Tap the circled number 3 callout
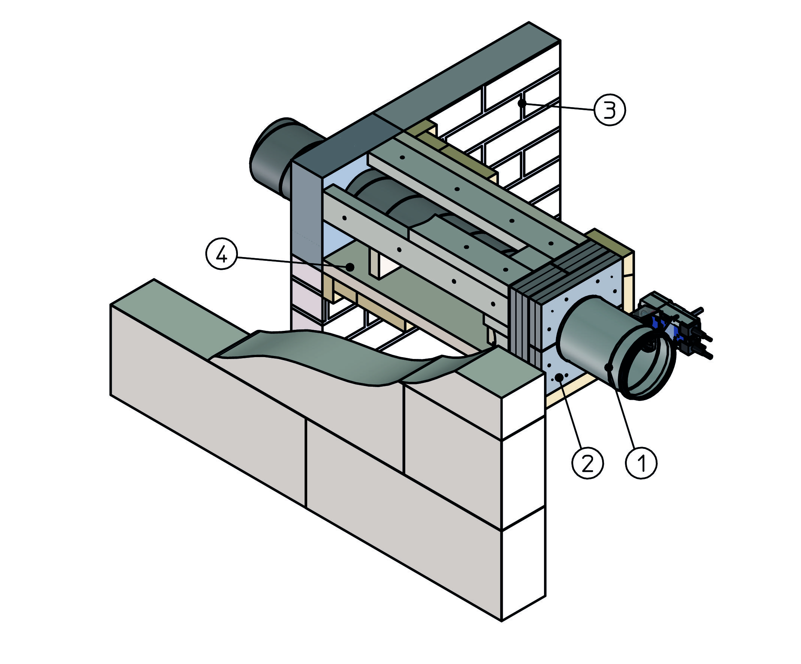[610, 110]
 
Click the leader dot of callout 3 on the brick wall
[522, 103]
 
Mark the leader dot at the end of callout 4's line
[350, 267]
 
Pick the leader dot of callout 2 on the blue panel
[559, 377]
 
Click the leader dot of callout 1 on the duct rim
[609, 367]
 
